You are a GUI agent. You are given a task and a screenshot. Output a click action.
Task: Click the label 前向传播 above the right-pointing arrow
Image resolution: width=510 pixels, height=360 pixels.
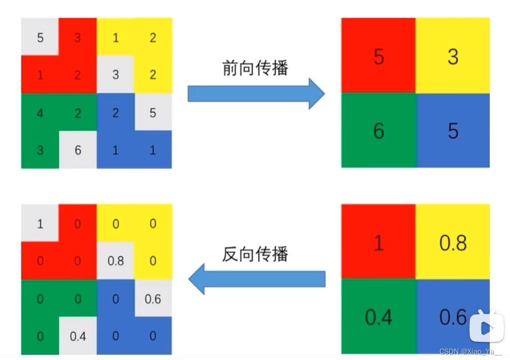pyautogui.click(x=255, y=68)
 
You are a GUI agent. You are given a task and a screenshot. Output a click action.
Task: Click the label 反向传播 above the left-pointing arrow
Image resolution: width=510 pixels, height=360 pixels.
pyautogui.click(x=255, y=254)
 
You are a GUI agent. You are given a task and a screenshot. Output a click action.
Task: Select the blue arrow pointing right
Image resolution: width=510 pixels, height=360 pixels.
pyautogui.click(x=256, y=94)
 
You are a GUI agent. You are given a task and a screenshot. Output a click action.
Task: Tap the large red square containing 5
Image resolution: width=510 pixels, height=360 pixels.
pyautogui.click(x=378, y=56)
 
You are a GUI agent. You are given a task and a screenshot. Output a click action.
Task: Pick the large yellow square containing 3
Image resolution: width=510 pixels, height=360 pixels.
pyautogui.click(x=453, y=56)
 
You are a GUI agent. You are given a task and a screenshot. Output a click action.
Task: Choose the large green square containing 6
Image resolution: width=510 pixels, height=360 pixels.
pyautogui.click(x=378, y=131)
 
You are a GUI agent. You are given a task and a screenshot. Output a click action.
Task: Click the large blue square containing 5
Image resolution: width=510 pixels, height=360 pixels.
pyautogui.click(x=453, y=131)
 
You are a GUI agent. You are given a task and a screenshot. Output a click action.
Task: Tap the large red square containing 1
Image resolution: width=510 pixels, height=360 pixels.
pyautogui.click(x=378, y=242)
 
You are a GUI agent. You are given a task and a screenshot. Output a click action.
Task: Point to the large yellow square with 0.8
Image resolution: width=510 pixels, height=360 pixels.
pyautogui.click(x=453, y=242)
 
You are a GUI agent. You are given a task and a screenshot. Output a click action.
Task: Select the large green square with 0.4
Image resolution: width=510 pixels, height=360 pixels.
pyautogui.click(x=378, y=316)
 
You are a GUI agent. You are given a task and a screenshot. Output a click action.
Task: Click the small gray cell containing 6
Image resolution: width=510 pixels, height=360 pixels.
pyautogui.click(x=77, y=150)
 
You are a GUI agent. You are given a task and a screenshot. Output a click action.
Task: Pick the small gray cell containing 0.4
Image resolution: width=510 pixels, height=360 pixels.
pyautogui.click(x=77, y=336)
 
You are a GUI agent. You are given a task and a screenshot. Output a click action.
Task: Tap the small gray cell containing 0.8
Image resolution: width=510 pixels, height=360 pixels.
pyautogui.click(x=115, y=261)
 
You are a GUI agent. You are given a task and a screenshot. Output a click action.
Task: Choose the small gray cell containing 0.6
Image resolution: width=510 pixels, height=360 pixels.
pyautogui.click(x=153, y=299)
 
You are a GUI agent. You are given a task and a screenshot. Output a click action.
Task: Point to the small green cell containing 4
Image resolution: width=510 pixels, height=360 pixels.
pyautogui.click(x=40, y=112)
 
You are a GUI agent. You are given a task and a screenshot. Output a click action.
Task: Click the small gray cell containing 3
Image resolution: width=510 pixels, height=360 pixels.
pyautogui.click(x=115, y=75)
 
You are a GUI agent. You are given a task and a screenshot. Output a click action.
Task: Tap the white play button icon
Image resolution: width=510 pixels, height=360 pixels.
pyautogui.click(x=486, y=328)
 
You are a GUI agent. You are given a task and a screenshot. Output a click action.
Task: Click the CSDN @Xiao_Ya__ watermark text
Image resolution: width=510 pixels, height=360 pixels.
pyautogui.click(x=470, y=352)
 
